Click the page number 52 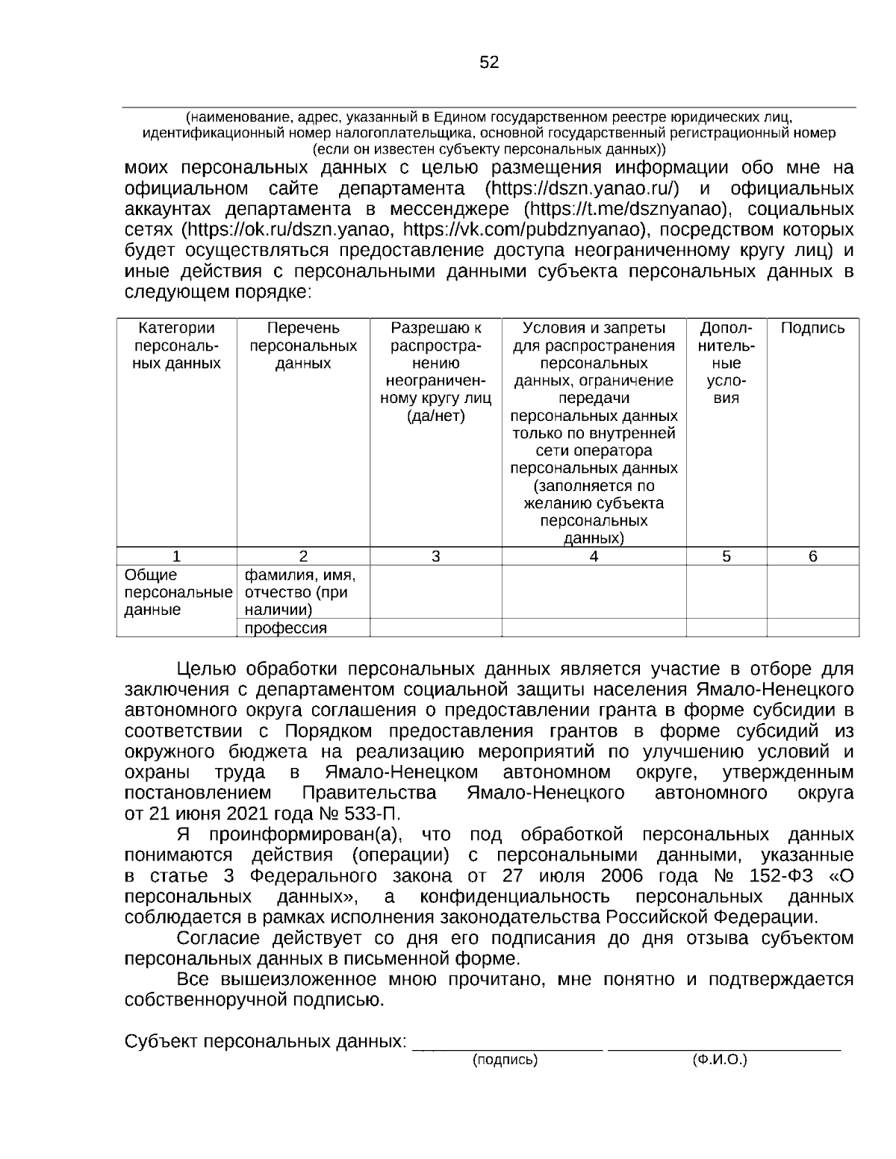coord(489,63)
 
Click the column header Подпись coord(812,328)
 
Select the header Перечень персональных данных coord(303,346)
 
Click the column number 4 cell coord(594,556)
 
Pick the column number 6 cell coord(812,556)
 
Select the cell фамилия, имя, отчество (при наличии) coord(301,593)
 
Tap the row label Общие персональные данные coord(176,593)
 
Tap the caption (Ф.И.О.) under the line coord(720,1059)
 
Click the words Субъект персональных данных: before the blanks coord(266,1041)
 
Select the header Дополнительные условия coord(727,363)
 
